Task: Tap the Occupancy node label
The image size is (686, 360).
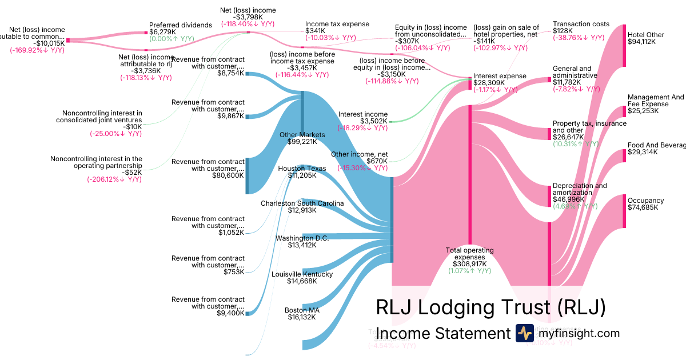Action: [645, 201]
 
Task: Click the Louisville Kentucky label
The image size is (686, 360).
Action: [302, 274]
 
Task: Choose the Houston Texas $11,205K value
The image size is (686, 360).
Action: [301, 176]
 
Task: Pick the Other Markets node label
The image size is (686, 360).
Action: [302, 135]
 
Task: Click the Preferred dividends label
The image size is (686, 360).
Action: [181, 25]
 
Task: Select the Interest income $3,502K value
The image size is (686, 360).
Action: [373, 121]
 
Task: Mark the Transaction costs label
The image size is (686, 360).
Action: [581, 24]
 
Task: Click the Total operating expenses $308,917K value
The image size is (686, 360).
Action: [469, 264]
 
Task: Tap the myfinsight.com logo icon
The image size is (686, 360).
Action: [524, 333]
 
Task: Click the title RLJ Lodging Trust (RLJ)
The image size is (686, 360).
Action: [490, 307]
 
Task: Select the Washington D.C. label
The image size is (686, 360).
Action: [302, 238]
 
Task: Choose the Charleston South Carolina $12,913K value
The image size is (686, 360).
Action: [301, 210]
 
